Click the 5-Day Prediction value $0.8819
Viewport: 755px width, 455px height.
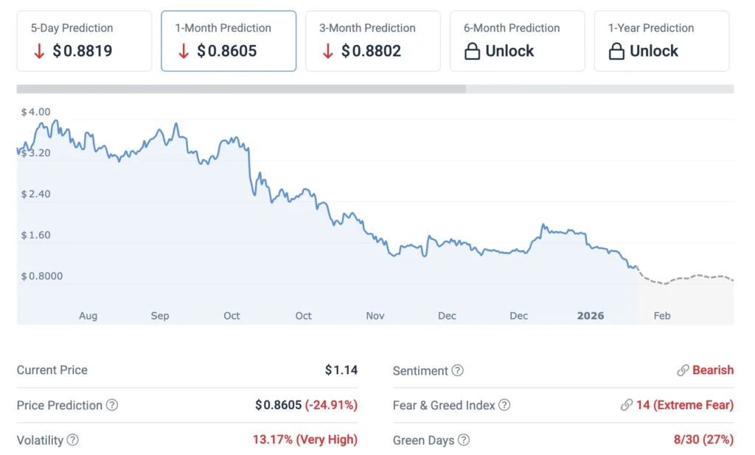click(x=83, y=52)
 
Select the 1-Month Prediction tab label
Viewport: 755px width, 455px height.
click(x=223, y=28)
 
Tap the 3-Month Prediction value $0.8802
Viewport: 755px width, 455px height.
click(x=371, y=52)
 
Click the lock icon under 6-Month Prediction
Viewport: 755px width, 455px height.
click(x=472, y=52)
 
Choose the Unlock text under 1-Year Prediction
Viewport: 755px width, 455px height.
click(x=654, y=52)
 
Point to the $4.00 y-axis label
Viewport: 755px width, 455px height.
click(x=35, y=112)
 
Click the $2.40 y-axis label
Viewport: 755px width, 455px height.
click(x=35, y=194)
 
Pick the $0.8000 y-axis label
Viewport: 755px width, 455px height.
click(x=41, y=276)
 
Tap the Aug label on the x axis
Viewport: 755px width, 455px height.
click(x=88, y=316)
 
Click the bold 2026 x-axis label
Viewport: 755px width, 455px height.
click(x=591, y=316)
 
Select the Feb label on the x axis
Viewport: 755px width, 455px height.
click(x=662, y=316)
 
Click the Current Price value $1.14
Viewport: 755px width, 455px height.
click(x=341, y=370)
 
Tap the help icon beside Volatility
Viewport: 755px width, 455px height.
click(x=73, y=440)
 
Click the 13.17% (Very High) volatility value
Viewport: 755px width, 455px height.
click(x=305, y=440)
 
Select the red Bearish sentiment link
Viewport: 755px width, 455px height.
click(x=712, y=370)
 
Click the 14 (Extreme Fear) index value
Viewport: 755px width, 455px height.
click(x=684, y=405)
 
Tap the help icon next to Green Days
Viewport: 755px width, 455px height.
click(x=463, y=440)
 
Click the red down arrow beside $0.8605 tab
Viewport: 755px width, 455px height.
click(x=184, y=52)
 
